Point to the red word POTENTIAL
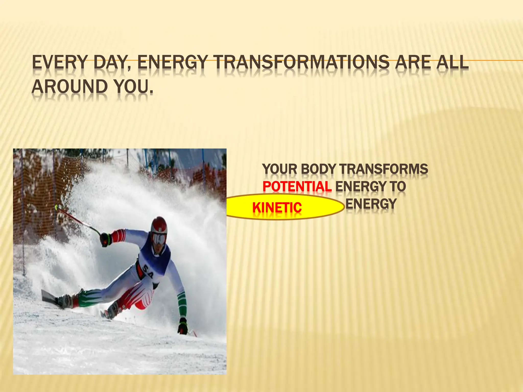click(297, 187)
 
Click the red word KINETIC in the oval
click(277, 207)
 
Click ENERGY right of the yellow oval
click(371, 204)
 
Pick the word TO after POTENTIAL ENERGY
click(398, 187)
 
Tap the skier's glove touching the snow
click(183, 326)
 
